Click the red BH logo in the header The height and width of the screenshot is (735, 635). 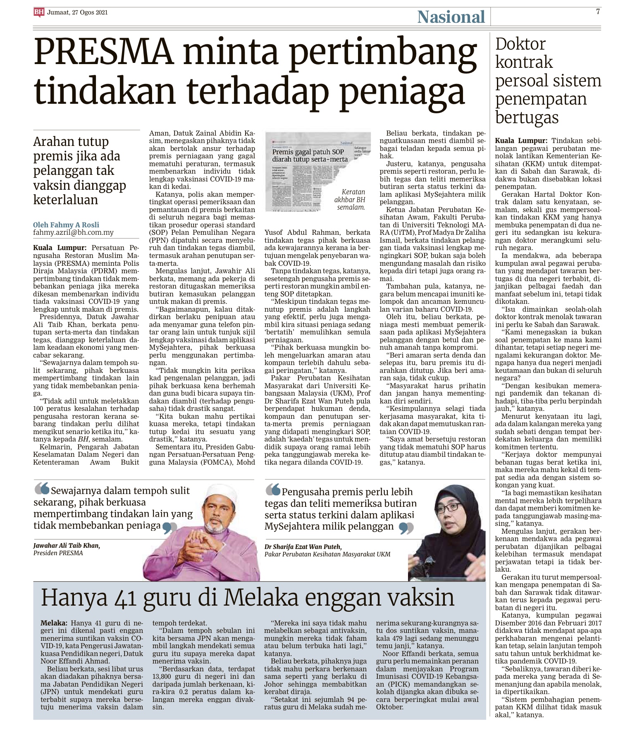tap(39, 12)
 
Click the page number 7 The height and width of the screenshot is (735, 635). tap(598, 12)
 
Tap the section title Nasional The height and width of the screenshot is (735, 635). tap(451, 17)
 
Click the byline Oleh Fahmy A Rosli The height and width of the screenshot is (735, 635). tap(66, 225)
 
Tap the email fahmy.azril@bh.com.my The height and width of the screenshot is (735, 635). tap(73, 233)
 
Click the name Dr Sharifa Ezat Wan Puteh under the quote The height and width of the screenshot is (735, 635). tap(303, 546)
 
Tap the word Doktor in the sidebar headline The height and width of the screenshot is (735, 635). tap(520, 44)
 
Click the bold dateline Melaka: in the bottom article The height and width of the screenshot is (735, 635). tap(54, 623)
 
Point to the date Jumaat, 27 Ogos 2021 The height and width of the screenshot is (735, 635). tap(77, 12)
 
